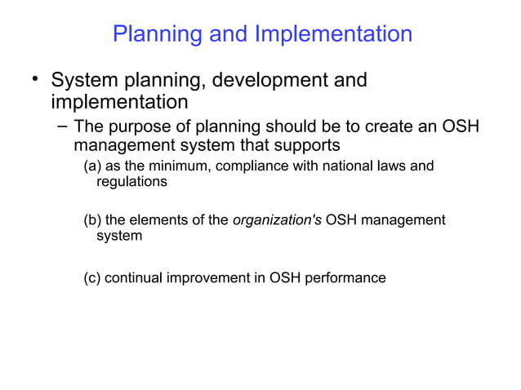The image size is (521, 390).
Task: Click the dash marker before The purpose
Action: (62, 127)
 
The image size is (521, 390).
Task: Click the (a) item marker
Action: (94, 167)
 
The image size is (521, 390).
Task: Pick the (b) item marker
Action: (94, 220)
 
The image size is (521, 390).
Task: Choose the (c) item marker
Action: (94, 278)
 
